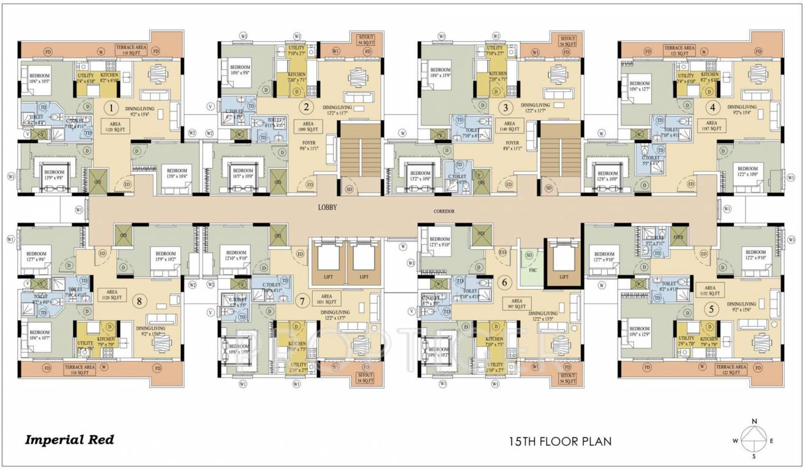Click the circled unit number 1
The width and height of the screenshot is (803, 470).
tap(111, 109)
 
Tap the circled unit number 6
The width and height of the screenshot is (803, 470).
tap(504, 283)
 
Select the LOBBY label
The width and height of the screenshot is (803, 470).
tap(327, 207)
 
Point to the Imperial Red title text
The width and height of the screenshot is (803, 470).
tap(69, 439)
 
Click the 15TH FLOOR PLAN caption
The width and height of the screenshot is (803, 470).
tap(560, 441)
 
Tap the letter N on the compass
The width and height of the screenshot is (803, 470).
tap(755, 421)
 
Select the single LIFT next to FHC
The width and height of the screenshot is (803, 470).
tap(564, 277)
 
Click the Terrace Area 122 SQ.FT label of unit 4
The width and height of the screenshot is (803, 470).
tap(679, 50)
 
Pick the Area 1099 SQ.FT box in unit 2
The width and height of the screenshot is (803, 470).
tap(309, 127)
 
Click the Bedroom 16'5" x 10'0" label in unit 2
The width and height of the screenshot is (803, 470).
tap(243, 173)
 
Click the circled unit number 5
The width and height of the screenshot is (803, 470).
tap(711, 309)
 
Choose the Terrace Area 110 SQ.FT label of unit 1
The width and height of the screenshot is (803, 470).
tap(130, 49)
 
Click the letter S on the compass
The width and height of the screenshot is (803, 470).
tap(755, 456)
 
